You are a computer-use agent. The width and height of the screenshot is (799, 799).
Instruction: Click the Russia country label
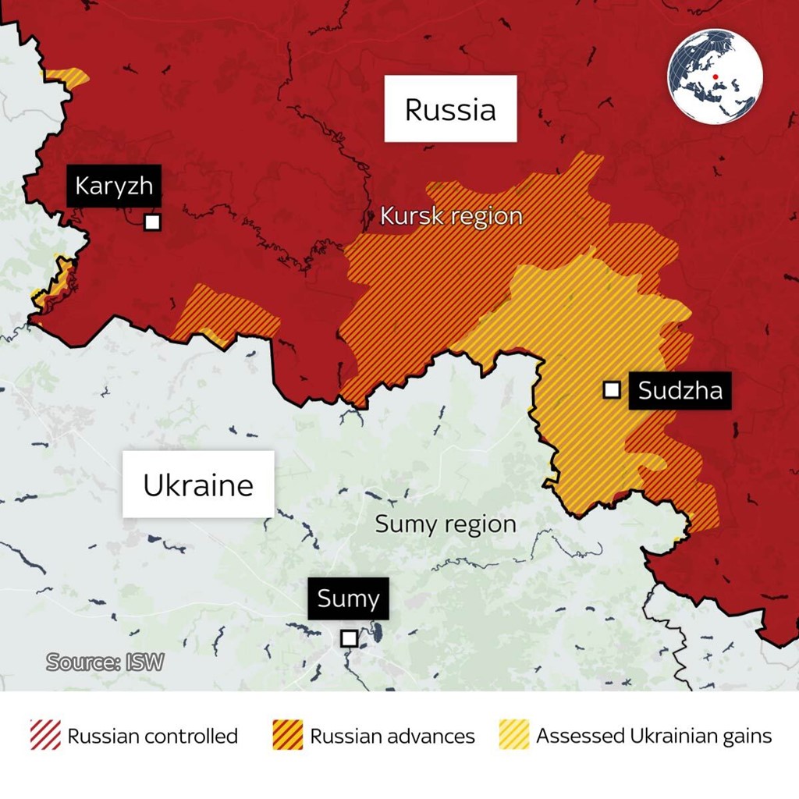click(x=450, y=109)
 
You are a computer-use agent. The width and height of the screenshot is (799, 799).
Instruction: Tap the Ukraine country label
click(x=198, y=485)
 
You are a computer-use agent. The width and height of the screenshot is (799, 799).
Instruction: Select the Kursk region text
click(x=451, y=216)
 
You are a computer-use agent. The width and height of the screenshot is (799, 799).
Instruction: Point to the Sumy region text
click(x=446, y=524)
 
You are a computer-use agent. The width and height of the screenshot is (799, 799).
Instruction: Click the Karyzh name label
click(x=114, y=186)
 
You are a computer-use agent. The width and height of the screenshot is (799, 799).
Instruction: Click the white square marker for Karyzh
click(x=152, y=222)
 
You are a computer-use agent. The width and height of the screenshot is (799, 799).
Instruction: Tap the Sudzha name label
click(x=680, y=389)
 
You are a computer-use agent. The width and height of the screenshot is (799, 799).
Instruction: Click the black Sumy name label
click(x=348, y=599)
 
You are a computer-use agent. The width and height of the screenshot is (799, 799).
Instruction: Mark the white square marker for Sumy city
click(x=350, y=638)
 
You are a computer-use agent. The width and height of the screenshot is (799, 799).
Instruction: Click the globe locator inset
click(x=715, y=76)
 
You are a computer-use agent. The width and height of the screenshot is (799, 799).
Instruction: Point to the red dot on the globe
click(x=714, y=76)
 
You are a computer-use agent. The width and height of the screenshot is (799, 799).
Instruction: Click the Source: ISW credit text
click(x=105, y=662)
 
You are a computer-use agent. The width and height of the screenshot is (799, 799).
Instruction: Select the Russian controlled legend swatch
click(x=45, y=735)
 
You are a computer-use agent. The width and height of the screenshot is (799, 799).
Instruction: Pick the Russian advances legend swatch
click(x=288, y=735)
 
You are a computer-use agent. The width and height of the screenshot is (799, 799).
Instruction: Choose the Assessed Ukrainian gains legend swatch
click(x=513, y=735)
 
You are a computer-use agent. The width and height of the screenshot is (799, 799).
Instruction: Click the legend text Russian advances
click(x=392, y=736)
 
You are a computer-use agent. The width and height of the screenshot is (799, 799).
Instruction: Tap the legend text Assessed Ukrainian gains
click(x=654, y=736)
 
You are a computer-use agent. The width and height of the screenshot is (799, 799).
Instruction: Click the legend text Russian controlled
click(x=153, y=736)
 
